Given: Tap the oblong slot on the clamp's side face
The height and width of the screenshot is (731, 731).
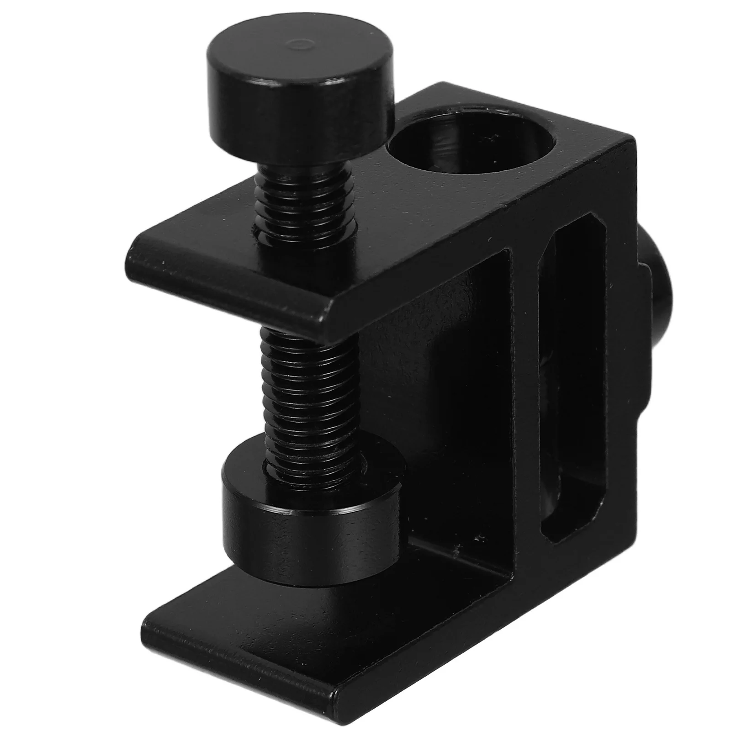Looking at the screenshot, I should tap(573, 388).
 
